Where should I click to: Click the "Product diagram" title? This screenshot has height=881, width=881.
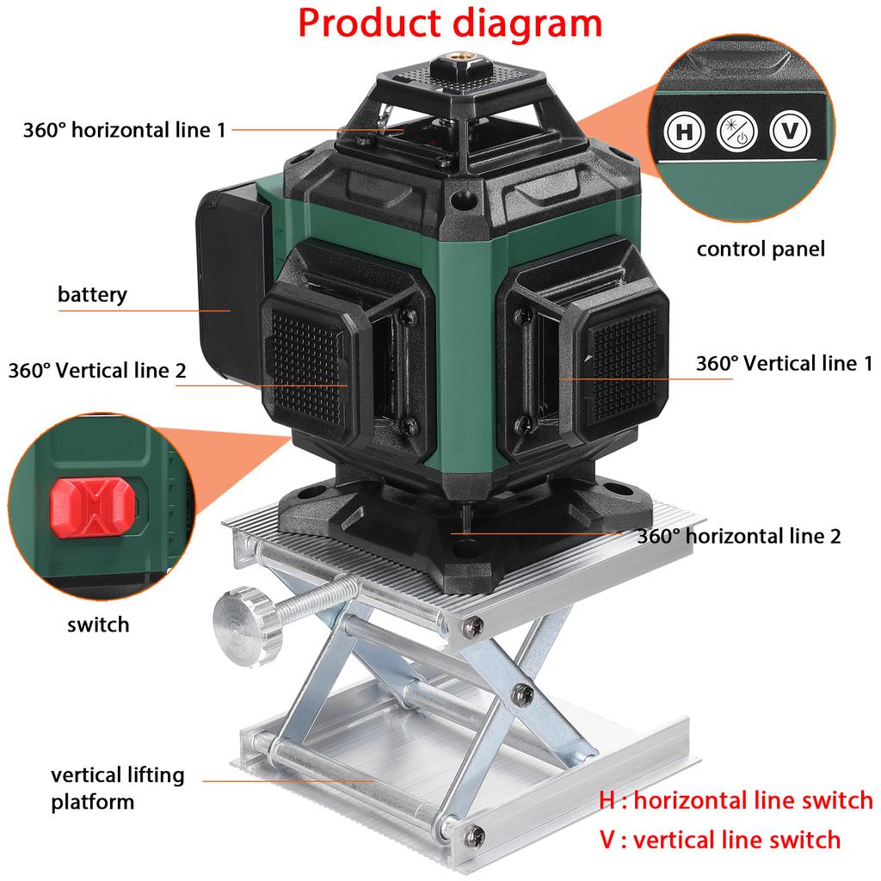[x=449, y=24]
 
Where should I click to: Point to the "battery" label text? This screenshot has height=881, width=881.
[x=92, y=295]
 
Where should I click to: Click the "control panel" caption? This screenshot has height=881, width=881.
[x=760, y=250]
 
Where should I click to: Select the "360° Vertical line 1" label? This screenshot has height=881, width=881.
[x=784, y=363]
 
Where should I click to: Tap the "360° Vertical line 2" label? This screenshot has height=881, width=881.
[x=97, y=370]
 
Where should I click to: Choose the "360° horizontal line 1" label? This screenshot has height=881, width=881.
[x=124, y=130]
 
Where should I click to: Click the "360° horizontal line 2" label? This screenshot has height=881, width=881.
[x=738, y=536]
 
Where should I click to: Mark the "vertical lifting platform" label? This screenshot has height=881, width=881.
[x=117, y=788]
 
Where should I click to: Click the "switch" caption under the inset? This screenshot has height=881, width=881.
[x=98, y=625]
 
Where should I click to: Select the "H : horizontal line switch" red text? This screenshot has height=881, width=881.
[x=736, y=801]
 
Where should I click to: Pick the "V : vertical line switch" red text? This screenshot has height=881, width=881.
[x=719, y=839]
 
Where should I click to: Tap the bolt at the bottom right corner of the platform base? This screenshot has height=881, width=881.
[x=474, y=832]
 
